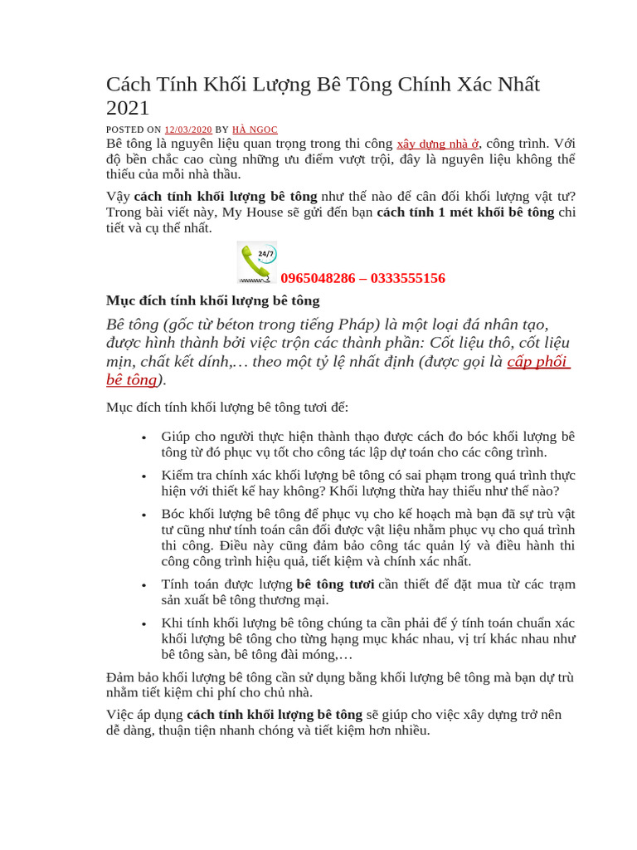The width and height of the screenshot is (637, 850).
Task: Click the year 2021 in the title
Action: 128,108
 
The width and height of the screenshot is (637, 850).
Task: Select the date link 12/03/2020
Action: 188,129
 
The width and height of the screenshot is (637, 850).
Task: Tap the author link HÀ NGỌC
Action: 255,129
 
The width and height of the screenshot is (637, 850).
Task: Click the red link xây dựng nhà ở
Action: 438,143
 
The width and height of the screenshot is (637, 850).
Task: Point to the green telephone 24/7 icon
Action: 257,262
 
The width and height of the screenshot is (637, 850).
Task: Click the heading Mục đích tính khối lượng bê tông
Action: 212,300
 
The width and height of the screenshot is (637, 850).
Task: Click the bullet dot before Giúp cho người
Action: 144,437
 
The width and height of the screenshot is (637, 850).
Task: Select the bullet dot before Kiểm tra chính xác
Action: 144,476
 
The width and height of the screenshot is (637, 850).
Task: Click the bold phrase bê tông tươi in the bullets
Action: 335,584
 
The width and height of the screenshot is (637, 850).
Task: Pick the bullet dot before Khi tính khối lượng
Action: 144,623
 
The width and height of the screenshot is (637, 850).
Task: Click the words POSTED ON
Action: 134,129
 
